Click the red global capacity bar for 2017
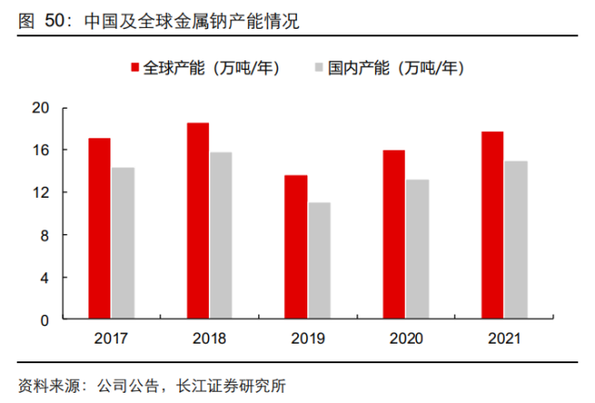click(x=99, y=228)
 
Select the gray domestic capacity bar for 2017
click(x=123, y=243)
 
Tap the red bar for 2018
click(x=198, y=221)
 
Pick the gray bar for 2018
click(x=221, y=236)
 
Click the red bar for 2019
click(x=295, y=247)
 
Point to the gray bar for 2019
click(x=318, y=261)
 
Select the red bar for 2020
click(x=394, y=235)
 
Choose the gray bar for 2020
click(x=417, y=250)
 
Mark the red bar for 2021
click(x=492, y=226)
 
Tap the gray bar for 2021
click(x=515, y=240)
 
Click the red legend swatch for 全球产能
click(x=135, y=68)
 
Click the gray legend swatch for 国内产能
click(x=320, y=68)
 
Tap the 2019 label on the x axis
click(x=307, y=339)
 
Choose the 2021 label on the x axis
click(x=503, y=339)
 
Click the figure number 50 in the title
click(x=57, y=19)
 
